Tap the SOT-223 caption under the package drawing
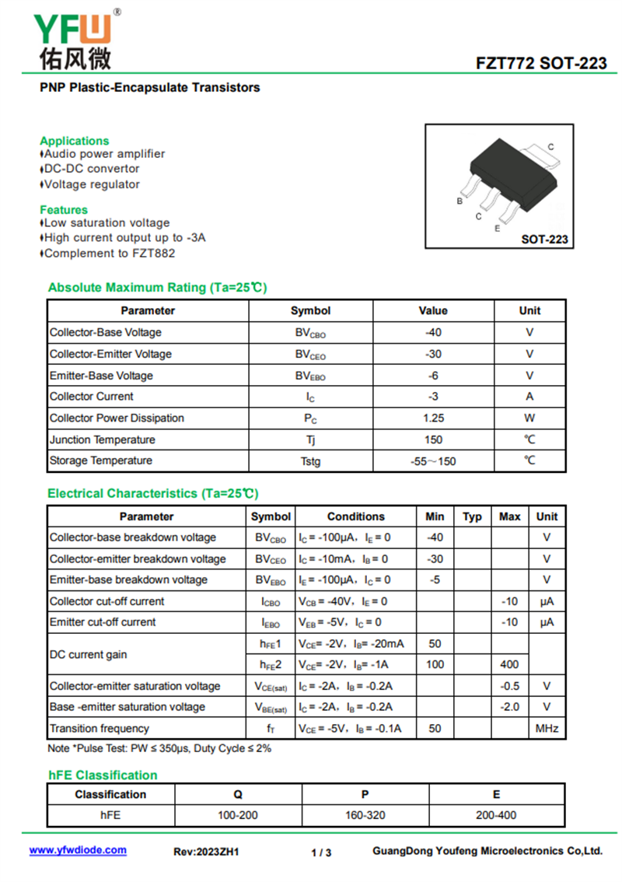point(544,240)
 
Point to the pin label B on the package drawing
point(460,201)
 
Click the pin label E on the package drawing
point(497,229)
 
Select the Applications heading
point(75,141)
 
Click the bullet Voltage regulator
point(92,184)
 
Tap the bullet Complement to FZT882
point(110,253)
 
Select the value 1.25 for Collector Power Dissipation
point(433,418)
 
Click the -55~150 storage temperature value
point(433,461)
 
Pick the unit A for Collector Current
point(529,396)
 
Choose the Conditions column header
point(355,516)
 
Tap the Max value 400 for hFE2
point(509,664)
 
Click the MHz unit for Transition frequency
point(547,728)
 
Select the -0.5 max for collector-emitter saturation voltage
point(509,686)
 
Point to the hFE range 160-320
point(365,815)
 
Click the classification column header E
point(496,794)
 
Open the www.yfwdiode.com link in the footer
point(78,850)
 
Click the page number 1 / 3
point(321,852)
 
